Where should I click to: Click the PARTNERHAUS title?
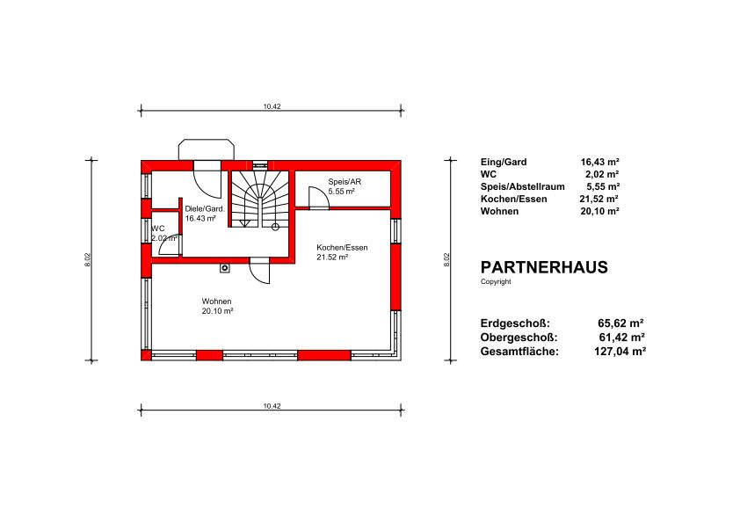pos(544,267)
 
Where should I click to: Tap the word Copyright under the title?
pos(496,281)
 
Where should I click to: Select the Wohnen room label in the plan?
pos(216,301)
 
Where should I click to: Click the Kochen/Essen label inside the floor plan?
pos(342,247)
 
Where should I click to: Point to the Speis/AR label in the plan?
pos(345,182)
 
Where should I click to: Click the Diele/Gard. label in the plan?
pos(205,208)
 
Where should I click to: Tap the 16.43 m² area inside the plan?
pos(200,219)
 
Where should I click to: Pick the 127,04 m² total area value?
pos(620,352)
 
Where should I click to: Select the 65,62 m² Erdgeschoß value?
pos(621,323)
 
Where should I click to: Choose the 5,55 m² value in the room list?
pos(603,186)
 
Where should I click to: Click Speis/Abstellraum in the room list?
pos(522,186)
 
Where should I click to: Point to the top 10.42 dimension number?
pos(272,106)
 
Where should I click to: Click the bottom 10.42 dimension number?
pos(272,406)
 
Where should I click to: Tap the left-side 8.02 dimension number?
pos(87,260)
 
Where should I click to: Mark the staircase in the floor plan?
pos(258,199)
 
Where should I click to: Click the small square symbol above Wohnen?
pos(225,268)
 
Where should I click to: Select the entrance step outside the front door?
pos(207,149)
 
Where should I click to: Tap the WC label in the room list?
pos(489,174)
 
